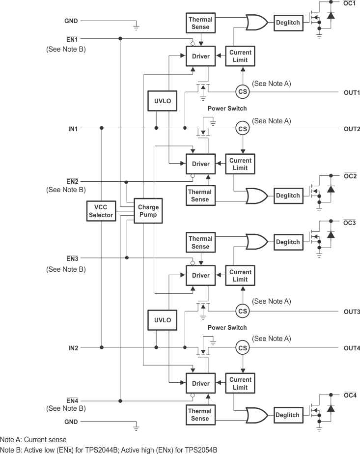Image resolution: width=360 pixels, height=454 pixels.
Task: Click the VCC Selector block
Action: click(x=101, y=211)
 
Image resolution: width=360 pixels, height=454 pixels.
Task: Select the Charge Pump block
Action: click(x=148, y=211)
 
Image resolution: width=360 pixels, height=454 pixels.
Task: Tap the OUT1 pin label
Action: click(x=352, y=92)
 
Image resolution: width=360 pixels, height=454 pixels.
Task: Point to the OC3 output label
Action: click(x=349, y=223)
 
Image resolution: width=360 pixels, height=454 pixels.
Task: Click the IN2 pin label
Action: click(x=73, y=348)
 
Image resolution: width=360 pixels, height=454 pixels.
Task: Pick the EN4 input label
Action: click(x=72, y=400)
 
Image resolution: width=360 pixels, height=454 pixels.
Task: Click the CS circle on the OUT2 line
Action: click(x=242, y=128)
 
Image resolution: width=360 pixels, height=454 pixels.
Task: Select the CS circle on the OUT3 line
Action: click(x=242, y=311)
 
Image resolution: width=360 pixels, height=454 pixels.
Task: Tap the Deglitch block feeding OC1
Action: click(x=288, y=22)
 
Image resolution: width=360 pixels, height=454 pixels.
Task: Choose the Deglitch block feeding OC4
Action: click(x=288, y=415)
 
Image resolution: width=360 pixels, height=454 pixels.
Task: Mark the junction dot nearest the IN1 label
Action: click(x=102, y=128)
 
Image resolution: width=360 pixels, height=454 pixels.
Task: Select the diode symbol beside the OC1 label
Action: click(x=331, y=15)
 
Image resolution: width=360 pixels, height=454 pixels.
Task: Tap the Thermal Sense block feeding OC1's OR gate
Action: click(x=200, y=23)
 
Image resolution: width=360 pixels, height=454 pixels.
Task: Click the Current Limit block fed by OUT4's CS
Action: click(x=240, y=383)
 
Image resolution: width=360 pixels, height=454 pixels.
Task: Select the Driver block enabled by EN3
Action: click(x=200, y=276)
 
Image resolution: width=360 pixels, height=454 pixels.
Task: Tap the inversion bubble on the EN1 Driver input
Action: click(x=193, y=42)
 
